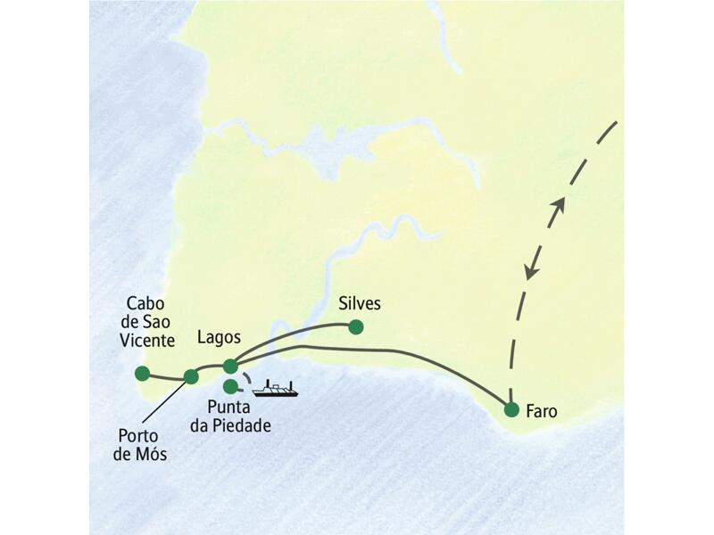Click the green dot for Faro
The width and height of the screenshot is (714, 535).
coord(511,410)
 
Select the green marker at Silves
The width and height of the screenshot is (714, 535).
coord(356,327)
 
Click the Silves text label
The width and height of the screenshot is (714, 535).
coord(360,304)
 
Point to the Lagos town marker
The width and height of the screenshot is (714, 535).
coord(230,366)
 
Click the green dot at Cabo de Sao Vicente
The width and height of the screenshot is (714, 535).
coord(142,374)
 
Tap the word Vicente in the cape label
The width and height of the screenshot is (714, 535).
coord(151,340)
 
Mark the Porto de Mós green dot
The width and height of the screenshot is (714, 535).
coord(191,376)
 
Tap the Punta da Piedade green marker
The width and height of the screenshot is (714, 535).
coord(231,387)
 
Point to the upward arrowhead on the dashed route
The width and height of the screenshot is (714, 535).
coord(559,204)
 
